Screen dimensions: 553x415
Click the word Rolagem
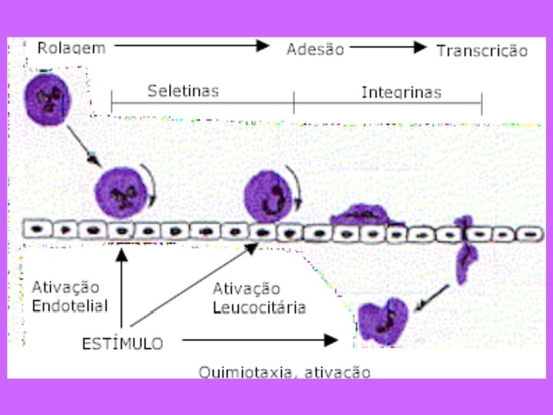(71, 48)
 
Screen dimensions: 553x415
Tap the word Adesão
(315, 49)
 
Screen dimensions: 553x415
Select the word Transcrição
(482, 51)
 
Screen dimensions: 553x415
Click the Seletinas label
(183, 91)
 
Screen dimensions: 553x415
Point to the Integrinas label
(401, 92)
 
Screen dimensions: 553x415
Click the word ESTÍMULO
(122, 344)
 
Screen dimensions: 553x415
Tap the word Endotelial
(70, 305)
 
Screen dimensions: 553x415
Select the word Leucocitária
(259, 307)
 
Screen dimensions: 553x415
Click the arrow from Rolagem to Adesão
(192, 46)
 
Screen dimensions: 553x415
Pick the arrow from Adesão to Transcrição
(388, 47)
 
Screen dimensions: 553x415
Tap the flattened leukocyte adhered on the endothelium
(367, 214)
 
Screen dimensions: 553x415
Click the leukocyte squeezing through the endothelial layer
(464, 250)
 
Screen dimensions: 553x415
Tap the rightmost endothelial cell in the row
(528, 232)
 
